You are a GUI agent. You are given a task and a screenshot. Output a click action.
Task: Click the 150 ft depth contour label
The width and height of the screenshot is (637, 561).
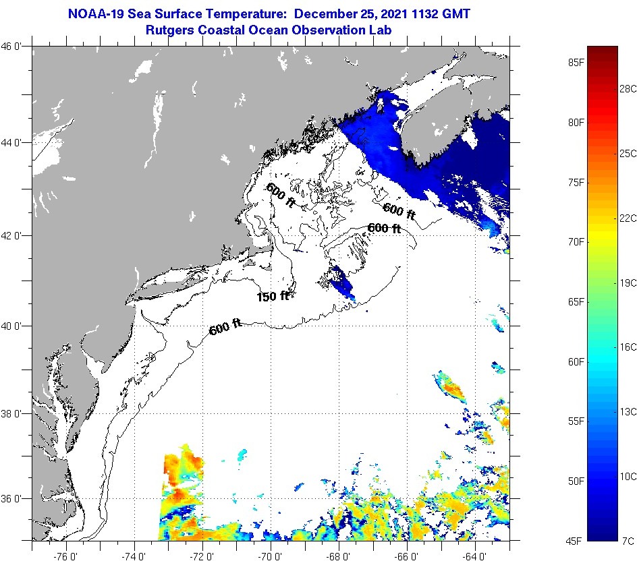[273, 296]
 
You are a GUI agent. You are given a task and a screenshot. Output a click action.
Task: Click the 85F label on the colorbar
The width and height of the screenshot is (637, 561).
[576, 63]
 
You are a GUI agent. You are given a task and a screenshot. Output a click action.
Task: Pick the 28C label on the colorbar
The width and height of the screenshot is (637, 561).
[628, 88]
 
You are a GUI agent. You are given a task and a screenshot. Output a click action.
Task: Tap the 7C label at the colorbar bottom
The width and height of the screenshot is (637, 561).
[628, 541]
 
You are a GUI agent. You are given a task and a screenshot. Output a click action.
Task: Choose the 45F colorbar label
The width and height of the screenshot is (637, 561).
[576, 541]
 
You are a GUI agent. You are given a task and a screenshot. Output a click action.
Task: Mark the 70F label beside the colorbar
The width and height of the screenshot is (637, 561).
[576, 241]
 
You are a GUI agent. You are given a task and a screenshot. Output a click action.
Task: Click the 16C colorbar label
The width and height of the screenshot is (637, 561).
[628, 347]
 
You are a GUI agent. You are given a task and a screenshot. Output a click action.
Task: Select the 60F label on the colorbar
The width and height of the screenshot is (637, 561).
[576, 362]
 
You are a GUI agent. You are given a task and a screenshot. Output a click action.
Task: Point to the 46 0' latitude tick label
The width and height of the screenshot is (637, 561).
[15, 47]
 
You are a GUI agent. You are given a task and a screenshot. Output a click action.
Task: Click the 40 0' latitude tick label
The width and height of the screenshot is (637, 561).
[15, 326]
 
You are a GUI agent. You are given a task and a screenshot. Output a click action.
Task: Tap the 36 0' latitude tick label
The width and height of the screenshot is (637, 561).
[15, 499]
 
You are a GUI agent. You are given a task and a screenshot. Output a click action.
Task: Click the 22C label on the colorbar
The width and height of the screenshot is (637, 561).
[628, 218]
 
